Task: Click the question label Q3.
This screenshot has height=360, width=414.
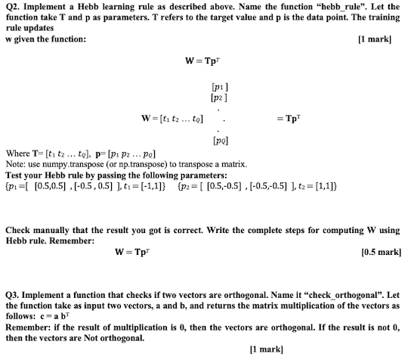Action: (x=13, y=293)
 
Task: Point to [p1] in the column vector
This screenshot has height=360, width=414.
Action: (x=218, y=88)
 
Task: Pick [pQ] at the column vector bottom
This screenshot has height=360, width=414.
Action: (x=218, y=140)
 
